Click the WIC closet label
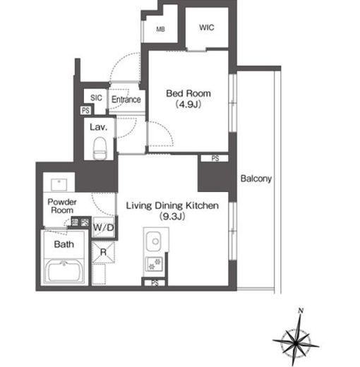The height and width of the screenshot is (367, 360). [207, 28]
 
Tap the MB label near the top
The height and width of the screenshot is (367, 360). [160, 29]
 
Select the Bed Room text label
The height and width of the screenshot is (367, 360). [188, 93]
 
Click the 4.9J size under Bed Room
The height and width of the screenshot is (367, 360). [188, 104]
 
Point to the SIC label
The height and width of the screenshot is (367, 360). [96, 97]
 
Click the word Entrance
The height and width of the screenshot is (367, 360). [126, 100]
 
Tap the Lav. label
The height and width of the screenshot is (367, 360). [99, 127]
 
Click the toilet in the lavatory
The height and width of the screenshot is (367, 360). [99, 148]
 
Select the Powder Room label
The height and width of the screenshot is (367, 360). [62, 206]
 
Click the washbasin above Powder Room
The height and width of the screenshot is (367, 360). [59, 185]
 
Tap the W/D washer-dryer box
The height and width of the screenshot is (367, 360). [104, 227]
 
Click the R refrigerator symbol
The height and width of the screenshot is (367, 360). [103, 252]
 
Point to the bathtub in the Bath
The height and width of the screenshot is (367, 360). [64, 271]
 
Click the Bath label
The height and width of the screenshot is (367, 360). [64, 244]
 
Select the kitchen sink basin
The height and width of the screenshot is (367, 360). [154, 241]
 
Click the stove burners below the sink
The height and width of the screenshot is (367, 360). [155, 264]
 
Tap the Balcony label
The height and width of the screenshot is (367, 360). [256, 179]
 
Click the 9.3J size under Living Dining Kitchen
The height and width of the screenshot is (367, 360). [172, 216]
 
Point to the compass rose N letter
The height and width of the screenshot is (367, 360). [301, 311]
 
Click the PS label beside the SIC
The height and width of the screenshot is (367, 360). [85, 110]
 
